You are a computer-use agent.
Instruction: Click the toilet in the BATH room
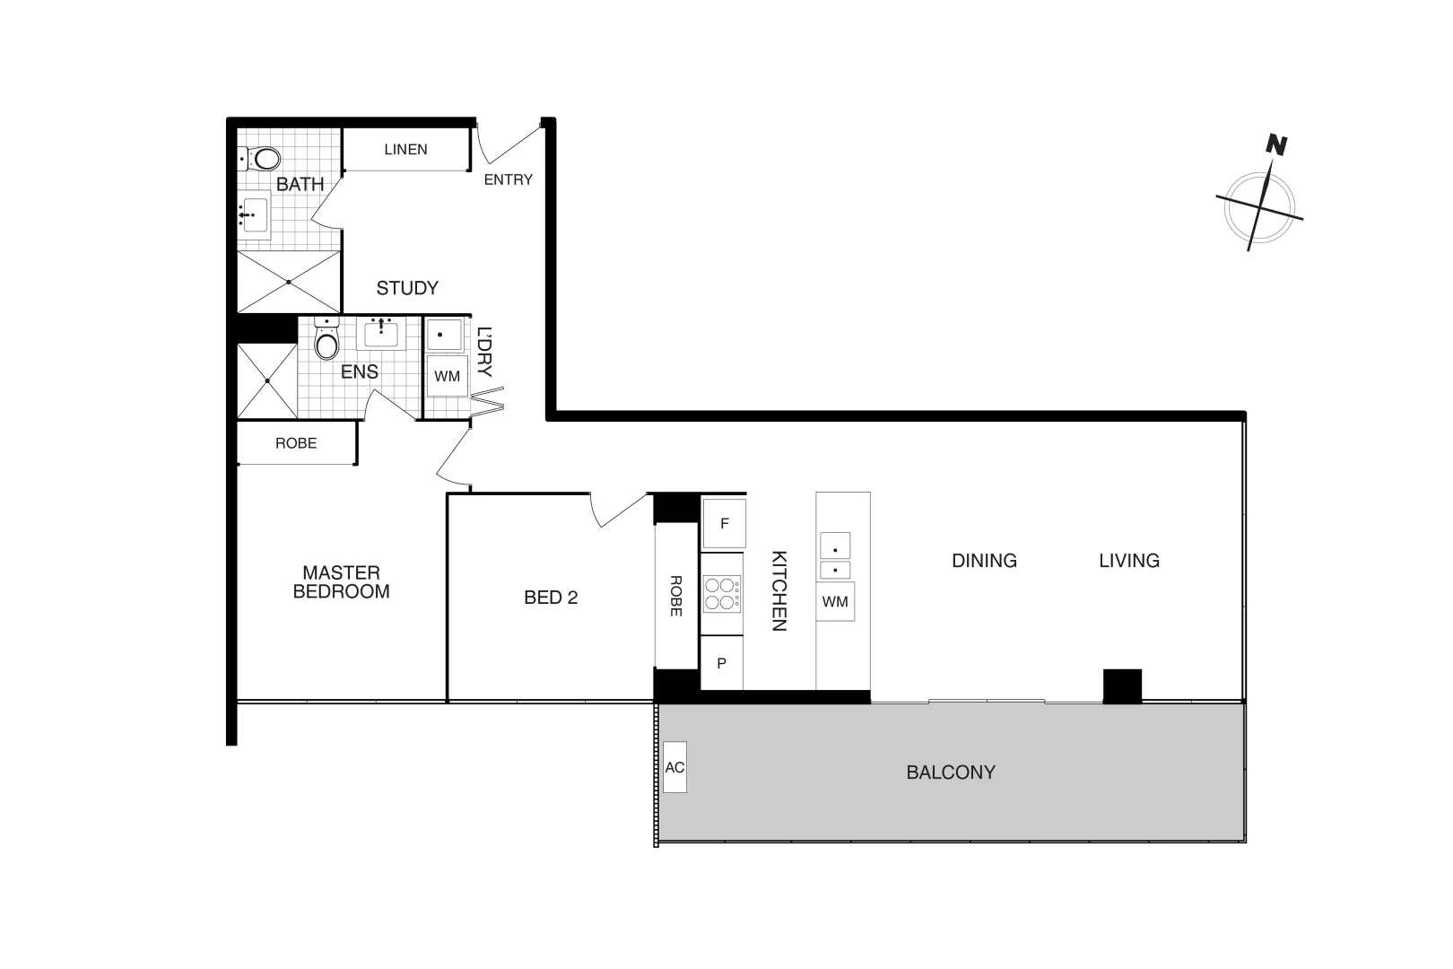[263, 160]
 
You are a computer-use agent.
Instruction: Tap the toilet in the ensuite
[327, 344]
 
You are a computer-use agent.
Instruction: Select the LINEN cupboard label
[405, 149]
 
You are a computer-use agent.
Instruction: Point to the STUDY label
[407, 288]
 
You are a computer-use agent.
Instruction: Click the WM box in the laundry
[447, 376]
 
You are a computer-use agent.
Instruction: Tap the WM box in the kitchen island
[835, 601]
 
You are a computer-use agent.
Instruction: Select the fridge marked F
[724, 523]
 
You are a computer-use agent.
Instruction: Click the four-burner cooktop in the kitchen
[722, 594]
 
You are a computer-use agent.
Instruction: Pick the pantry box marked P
[721, 664]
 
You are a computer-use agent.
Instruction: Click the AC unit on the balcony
[674, 767]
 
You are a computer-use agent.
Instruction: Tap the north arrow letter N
[1276, 144]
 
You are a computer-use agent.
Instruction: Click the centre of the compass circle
[1260, 208]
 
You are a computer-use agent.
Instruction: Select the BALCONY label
[951, 773]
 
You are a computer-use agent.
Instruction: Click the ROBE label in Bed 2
[676, 595]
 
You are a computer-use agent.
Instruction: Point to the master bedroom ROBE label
[296, 443]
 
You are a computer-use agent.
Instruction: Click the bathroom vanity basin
[254, 215]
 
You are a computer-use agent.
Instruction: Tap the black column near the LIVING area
[1122, 686]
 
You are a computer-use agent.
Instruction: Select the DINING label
[984, 561]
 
